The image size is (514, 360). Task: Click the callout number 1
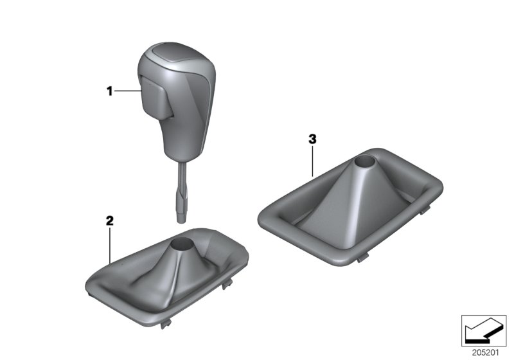coord(109,91)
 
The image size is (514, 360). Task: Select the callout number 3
coord(312,138)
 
